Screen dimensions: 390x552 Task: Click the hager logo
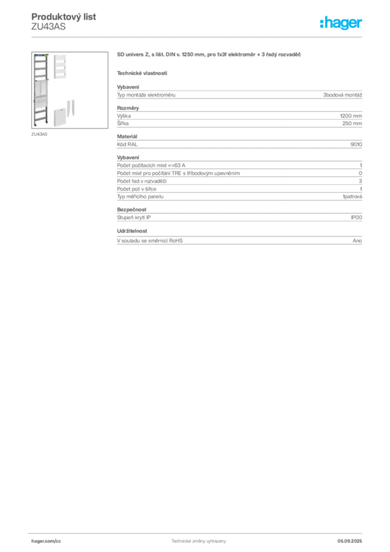coord(341,23)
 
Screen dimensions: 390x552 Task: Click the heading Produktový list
coord(64,17)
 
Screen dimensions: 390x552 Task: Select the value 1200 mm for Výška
coord(351,116)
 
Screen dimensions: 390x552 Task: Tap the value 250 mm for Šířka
coord(352,123)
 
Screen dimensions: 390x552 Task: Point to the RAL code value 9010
coord(356,144)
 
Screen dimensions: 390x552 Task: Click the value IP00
coord(356,218)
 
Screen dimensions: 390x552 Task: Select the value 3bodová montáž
coord(343,95)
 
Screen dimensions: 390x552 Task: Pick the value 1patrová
coord(352,197)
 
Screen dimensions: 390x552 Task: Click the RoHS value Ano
coord(357,241)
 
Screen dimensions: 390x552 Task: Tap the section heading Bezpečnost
coord(131,210)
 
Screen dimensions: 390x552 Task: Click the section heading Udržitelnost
coord(132,231)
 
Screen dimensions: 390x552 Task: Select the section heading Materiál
coord(127,136)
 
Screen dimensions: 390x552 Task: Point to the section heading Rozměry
coord(128,108)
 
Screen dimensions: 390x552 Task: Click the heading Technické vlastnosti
coord(142,73)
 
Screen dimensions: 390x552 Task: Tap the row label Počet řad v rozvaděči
coord(142,181)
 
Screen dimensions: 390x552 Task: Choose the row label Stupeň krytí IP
coord(134,218)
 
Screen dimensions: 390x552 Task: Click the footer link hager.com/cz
coord(46,541)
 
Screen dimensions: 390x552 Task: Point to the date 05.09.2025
coord(350,541)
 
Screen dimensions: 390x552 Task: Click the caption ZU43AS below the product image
coord(39,134)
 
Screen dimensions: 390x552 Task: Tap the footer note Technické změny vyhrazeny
coord(199,541)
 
